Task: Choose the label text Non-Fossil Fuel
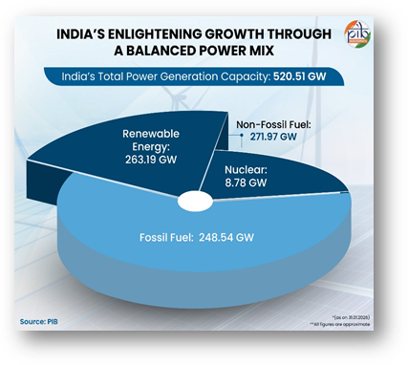point(279,122)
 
